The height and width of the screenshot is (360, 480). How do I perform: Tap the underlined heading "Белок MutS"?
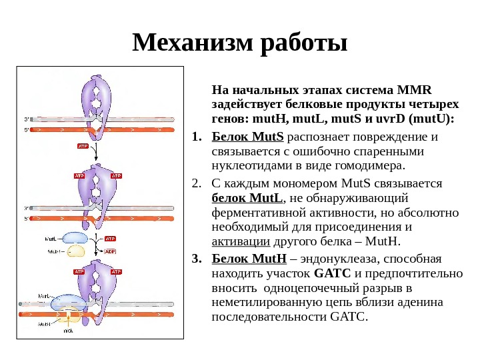coord(247,137)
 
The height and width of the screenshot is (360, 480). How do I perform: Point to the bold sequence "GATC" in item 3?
coord(327,273)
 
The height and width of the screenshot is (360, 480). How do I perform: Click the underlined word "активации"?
coord(240,242)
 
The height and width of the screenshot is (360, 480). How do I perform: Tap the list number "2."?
coord(196,183)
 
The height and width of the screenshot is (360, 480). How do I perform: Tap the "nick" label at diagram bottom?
coord(69,331)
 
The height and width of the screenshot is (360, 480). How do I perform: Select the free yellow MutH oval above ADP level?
coord(76,251)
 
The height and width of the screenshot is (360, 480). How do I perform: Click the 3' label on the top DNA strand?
coord(27,120)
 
